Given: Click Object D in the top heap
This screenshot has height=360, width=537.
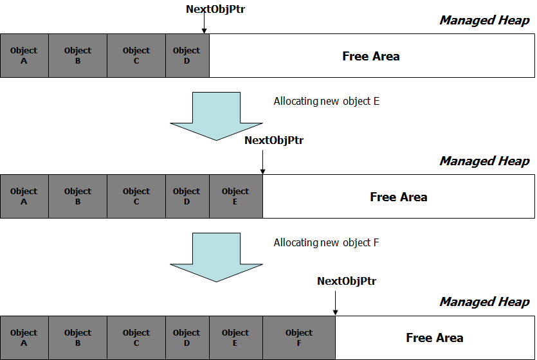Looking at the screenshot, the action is click(x=187, y=55).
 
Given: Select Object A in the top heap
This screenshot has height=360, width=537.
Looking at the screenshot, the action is click(x=24, y=55).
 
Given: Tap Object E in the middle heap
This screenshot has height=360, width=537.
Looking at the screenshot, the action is click(x=236, y=197).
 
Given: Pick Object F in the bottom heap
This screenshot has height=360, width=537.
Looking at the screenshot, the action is click(x=299, y=337).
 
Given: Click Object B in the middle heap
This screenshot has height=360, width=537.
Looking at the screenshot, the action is click(x=78, y=197).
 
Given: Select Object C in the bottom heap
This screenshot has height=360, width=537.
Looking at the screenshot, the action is click(x=136, y=337).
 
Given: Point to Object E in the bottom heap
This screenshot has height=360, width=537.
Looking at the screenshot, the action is click(x=236, y=337).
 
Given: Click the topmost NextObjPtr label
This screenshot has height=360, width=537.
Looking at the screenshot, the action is click(x=215, y=9).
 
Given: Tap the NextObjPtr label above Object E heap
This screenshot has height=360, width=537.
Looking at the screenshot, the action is click(x=274, y=140).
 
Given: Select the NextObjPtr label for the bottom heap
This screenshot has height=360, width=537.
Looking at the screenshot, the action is click(x=347, y=281).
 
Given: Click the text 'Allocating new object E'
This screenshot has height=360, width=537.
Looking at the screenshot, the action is click(x=326, y=102).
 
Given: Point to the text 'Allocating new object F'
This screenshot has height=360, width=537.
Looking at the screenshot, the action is click(x=326, y=242).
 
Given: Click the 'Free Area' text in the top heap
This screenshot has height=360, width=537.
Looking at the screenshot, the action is click(x=371, y=56).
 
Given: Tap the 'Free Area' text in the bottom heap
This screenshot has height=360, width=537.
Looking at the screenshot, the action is click(x=435, y=337).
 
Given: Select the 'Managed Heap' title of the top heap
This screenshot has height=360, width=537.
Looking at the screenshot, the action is click(x=485, y=20).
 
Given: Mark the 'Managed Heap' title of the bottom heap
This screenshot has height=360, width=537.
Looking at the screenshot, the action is click(x=485, y=302).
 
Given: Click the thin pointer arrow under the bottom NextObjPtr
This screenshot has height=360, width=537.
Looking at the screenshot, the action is click(x=335, y=303).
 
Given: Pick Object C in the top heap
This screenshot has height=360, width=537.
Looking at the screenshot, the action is click(x=136, y=55).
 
